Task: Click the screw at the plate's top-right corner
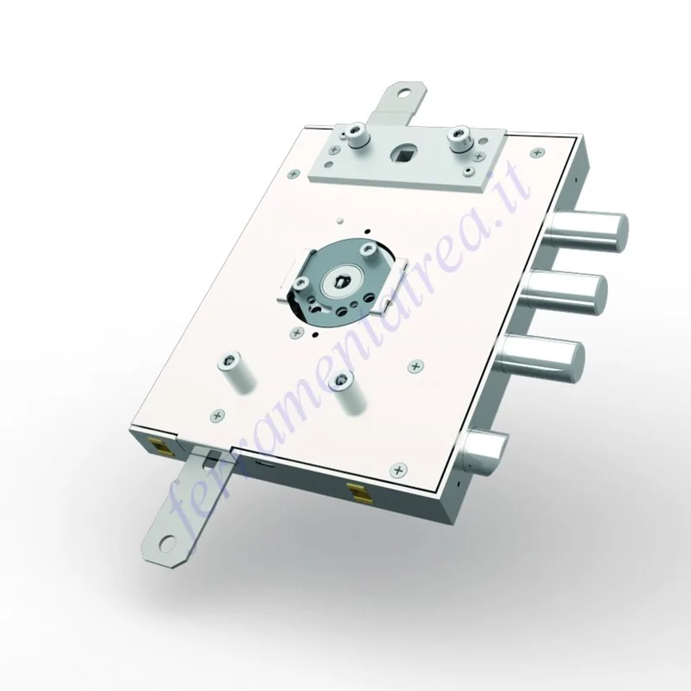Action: pyautogui.click(x=537, y=153)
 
